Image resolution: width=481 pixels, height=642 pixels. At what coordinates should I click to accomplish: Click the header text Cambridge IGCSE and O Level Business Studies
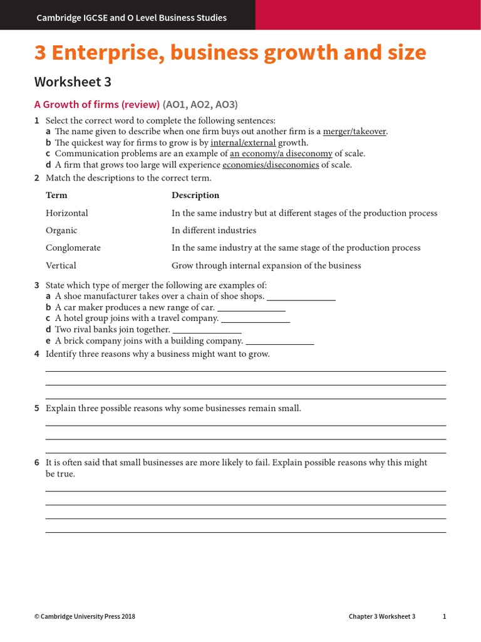pyautogui.click(x=132, y=18)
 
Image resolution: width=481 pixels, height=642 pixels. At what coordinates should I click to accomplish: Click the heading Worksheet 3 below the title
pyautogui.click(x=73, y=82)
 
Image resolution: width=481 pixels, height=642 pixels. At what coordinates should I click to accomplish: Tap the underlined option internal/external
pyautogui.click(x=243, y=142)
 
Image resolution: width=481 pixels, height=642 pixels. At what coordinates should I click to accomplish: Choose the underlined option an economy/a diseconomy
pyautogui.click(x=281, y=154)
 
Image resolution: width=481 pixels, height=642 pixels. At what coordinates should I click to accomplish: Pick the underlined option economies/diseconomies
pyautogui.click(x=271, y=165)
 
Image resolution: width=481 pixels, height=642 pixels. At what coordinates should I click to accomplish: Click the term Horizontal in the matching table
pyautogui.click(x=67, y=213)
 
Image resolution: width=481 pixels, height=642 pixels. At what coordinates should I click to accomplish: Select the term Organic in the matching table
pyautogui.click(x=61, y=231)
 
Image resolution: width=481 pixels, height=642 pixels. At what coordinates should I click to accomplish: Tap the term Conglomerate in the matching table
pyautogui.click(x=73, y=248)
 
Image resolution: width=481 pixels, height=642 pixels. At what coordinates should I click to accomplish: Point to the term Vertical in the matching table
pyautogui.click(x=61, y=265)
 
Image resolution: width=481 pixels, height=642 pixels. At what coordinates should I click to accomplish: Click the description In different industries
pyautogui.click(x=214, y=231)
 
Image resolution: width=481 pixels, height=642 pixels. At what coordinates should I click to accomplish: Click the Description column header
pyautogui.click(x=195, y=196)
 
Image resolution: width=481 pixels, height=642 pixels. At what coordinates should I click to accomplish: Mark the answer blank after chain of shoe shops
pyautogui.click(x=301, y=297)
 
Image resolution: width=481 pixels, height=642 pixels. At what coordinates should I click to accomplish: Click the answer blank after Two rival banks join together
pyautogui.click(x=207, y=330)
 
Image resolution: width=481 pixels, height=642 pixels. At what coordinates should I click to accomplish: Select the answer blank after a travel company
pyautogui.click(x=256, y=319)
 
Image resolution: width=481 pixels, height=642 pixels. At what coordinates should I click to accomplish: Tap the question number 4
pyautogui.click(x=37, y=354)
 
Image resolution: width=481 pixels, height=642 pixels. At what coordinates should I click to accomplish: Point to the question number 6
pyautogui.click(x=37, y=463)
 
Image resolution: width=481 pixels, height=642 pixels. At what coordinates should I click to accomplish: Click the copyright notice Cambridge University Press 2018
pyautogui.click(x=85, y=616)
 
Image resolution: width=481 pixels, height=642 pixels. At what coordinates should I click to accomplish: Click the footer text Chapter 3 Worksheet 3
pyautogui.click(x=382, y=616)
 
